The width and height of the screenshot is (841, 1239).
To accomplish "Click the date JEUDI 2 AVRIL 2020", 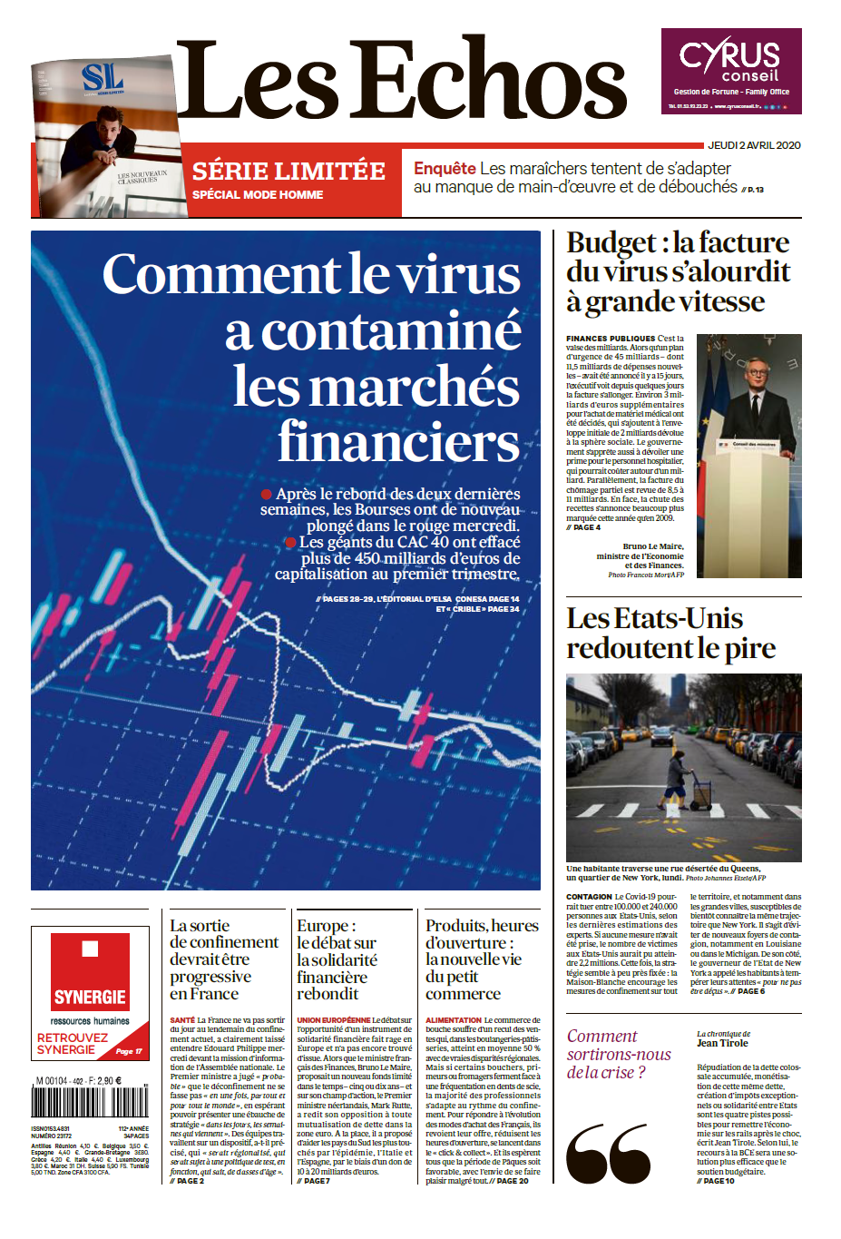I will [x=754, y=145].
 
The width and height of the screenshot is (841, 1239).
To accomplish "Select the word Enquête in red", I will [x=445, y=169].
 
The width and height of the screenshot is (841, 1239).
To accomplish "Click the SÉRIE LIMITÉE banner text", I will [x=288, y=171].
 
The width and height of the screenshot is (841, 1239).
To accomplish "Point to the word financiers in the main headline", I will [x=399, y=442].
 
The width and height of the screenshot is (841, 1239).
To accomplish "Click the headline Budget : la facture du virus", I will [x=677, y=271].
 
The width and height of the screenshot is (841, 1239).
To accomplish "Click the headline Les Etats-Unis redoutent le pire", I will [x=670, y=633].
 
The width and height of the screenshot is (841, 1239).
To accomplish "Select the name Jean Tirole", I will [x=722, y=1043].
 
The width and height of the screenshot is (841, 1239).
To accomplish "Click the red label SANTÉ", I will [x=181, y=1020].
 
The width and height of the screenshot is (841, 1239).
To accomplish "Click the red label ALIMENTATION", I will [x=454, y=1020].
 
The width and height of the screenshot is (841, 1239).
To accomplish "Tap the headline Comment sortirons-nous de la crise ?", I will [x=619, y=1054].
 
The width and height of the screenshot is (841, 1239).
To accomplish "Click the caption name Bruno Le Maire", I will [x=653, y=546].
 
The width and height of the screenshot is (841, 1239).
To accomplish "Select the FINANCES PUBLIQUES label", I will [x=610, y=339].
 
